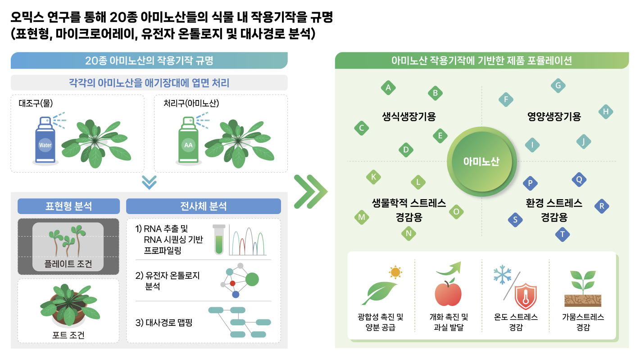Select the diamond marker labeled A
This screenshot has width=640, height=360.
coord(388,88)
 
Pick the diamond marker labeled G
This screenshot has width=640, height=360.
coord(558,86)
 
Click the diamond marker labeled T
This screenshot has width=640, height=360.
coord(562,234)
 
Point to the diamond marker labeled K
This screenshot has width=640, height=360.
coord(373,177)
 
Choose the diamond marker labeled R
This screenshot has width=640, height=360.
coord(601,206)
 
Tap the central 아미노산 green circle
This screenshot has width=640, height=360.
coord(481,162)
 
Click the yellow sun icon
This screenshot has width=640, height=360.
coord(395,272)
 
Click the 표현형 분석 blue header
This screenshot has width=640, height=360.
coord(68,206)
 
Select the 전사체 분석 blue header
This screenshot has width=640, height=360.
coord(203,206)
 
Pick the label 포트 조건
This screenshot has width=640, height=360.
coord(68,335)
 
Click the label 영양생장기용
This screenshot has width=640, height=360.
coord(554,117)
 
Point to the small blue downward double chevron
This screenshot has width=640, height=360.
coord(149,182)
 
